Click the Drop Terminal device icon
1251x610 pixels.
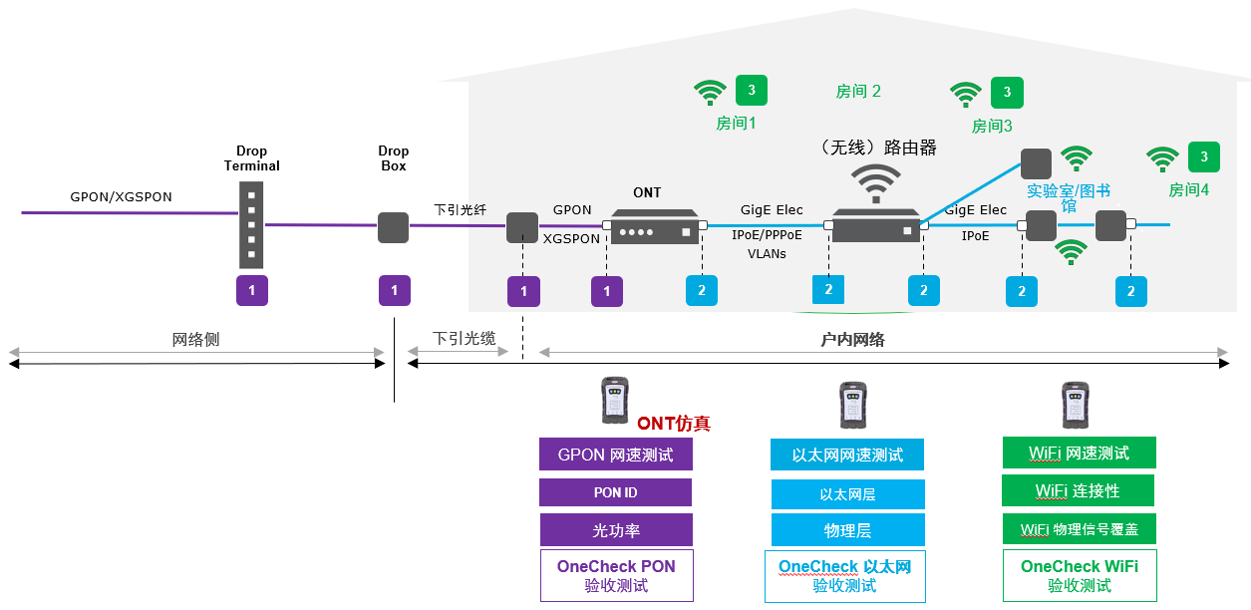click(251, 224)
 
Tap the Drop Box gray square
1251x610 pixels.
click(394, 227)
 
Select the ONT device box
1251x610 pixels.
click(655, 226)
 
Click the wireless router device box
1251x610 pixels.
click(875, 226)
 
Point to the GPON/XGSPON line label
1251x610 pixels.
click(121, 197)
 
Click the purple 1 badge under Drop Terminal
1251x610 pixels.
click(252, 290)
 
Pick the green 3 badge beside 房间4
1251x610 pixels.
click(1204, 156)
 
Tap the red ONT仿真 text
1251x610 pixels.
click(674, 424)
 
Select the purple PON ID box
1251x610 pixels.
click(616, 492)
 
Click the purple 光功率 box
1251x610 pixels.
click(616, 529)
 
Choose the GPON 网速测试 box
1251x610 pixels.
click(616, 455)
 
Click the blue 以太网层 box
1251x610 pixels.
click(847, 494)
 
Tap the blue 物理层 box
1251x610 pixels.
click(847, 529)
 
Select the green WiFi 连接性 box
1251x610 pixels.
click(1078, 490)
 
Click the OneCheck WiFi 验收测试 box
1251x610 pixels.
click(1080, 575)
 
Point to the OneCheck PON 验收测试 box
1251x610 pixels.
click(616, 575)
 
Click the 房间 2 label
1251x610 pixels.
click(858, 92)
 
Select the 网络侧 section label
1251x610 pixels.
click(196, 340)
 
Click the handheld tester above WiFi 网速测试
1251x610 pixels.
click(1074, 405)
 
